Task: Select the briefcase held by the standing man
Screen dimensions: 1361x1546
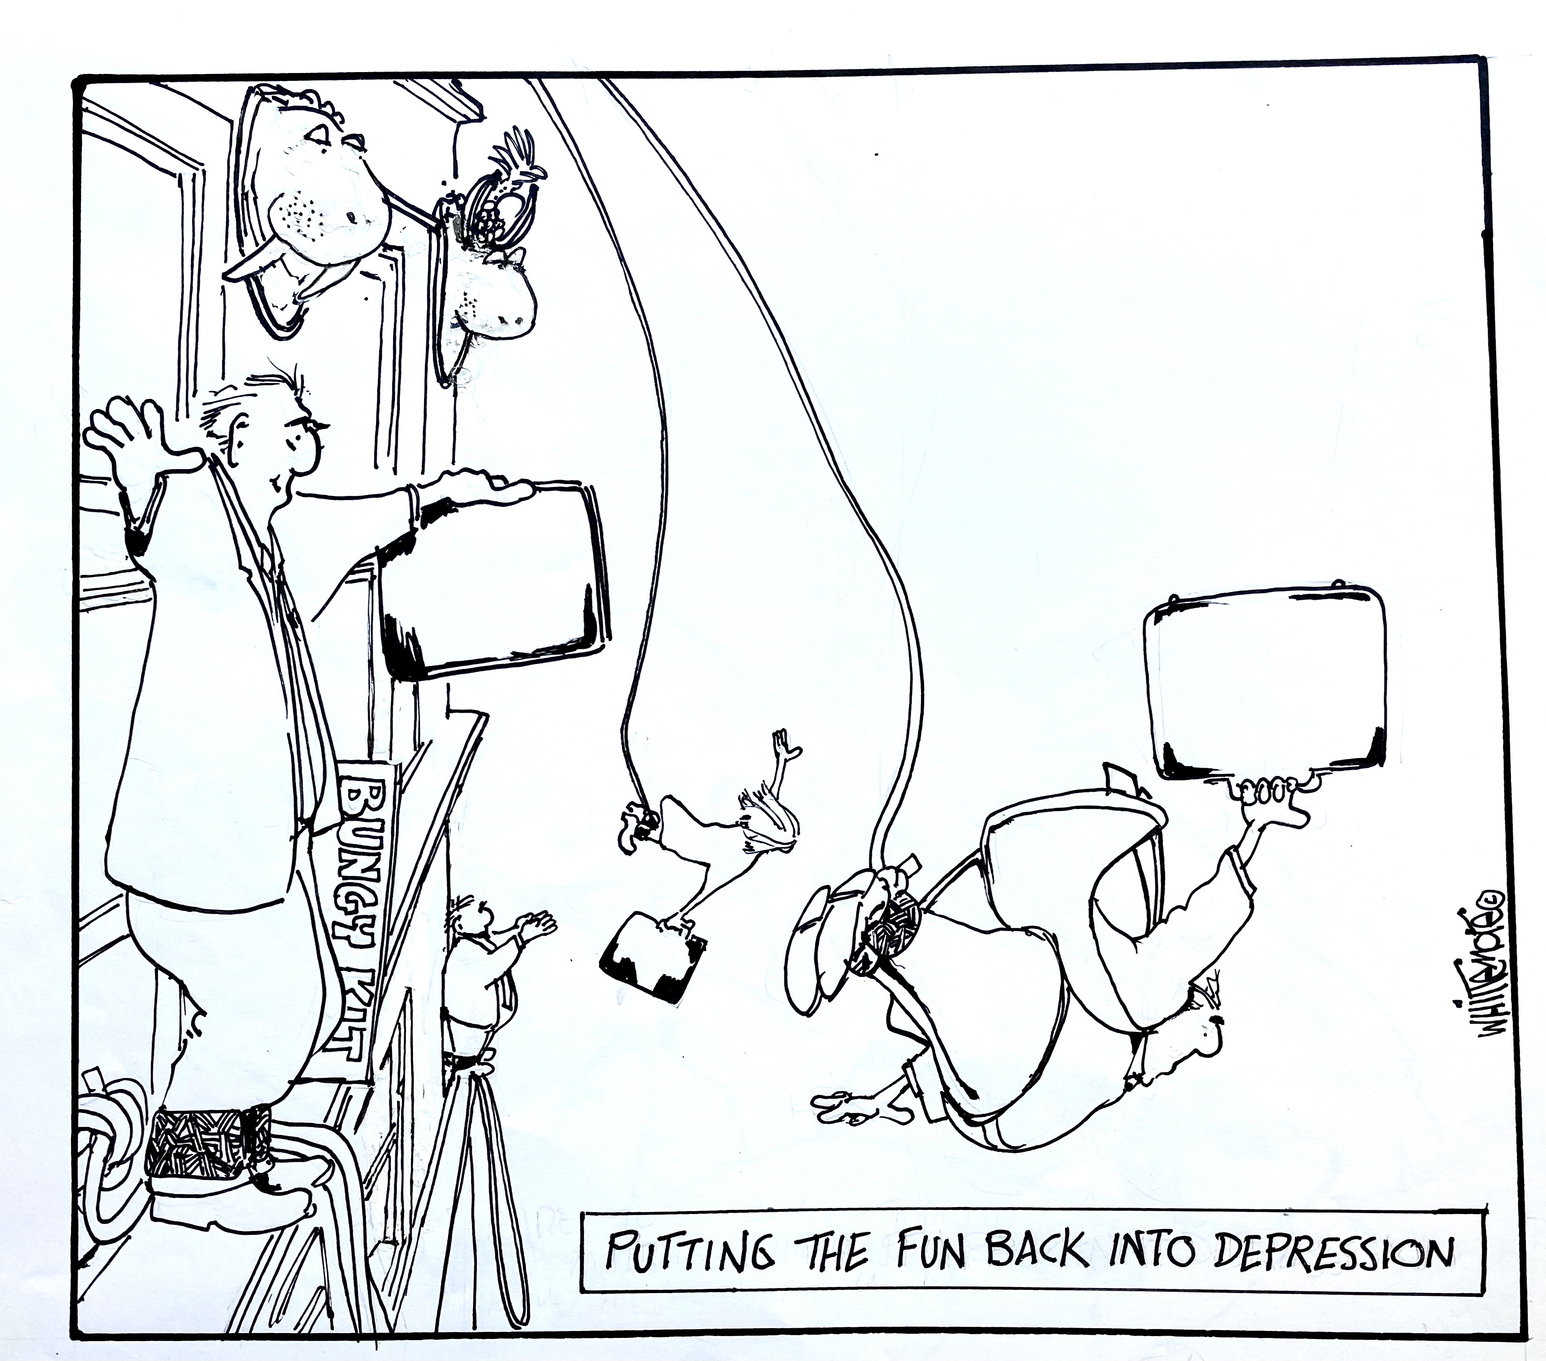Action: [496, 579]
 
